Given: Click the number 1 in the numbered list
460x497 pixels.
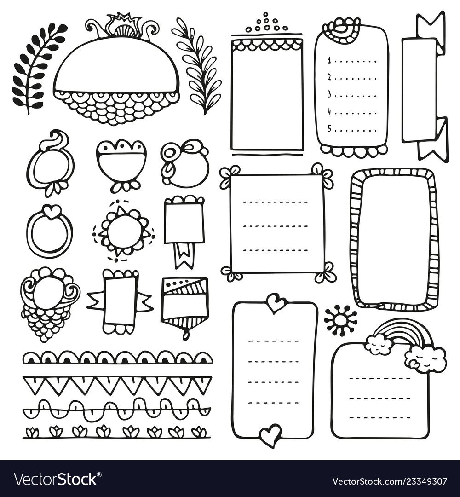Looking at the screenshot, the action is pos(329,60).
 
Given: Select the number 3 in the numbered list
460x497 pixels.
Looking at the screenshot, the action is pos(329,94).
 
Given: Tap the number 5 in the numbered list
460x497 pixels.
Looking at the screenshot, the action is pos(329,128).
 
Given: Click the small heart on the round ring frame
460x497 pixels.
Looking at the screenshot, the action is pos(50,211).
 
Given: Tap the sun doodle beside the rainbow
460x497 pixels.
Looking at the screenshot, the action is pos(340,320).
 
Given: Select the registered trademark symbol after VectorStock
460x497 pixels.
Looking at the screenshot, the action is pos(99,474).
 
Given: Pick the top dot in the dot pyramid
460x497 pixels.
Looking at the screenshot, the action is pos(265,14).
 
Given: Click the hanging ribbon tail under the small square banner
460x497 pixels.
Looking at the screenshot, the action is pos(184,255).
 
